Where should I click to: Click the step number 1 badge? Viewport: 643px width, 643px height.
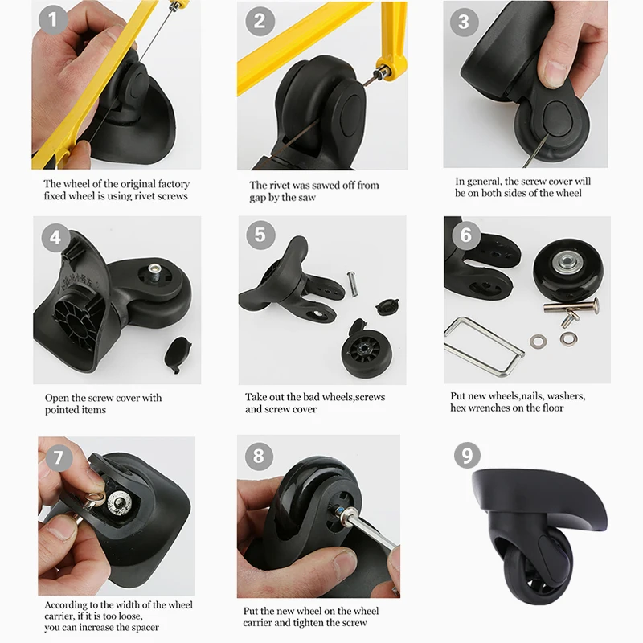[x=52, y=19]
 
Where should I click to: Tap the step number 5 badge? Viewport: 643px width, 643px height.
[x=260, y=235]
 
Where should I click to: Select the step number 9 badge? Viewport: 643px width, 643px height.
[x=467, y=455]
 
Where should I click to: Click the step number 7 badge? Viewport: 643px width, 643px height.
[x=59, y=457]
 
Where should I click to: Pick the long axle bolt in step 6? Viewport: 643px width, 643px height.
[x=571, y=306]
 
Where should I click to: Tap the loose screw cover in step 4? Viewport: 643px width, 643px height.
[x=178, y=354]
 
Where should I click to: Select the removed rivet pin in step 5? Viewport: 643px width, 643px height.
[x=353, y=284]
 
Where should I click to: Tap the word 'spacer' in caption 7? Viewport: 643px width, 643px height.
[x=145, y=628]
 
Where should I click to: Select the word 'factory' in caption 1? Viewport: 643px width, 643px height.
[x=174, y=184]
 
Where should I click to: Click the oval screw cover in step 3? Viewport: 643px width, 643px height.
[x=556, y=119]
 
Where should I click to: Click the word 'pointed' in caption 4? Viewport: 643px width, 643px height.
[x=62, y=410]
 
